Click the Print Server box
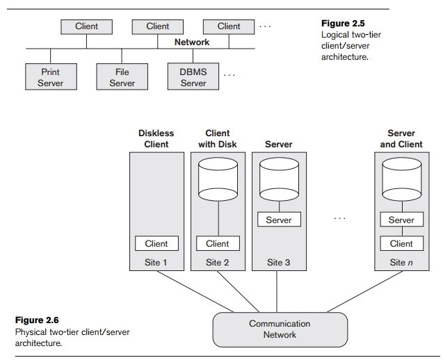pyautogui.click(x=50, y=77)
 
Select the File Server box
pyautogui.click(x=122, y=77)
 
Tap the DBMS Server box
pyautogui.click(x=193, y=77)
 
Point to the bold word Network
pyautogui.click(x=192, y=42)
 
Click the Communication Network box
pyautogui.click(x=280, y=329)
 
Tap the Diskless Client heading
pyautogui.click(x=156, y=139)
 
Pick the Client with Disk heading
pyautogui.click(x=218, y=139)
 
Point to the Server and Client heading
pyautogui.click(x=401, y=139)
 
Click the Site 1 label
pyautogui.click(x=156, y=262)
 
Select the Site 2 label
pyautogui.click(x=218, y=262)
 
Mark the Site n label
pyautogui.click(x=401, y=262)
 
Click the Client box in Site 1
pyautogui.click(x=156, y=243)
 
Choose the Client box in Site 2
pyautogui.click(x=218, y=243)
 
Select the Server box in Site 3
pyautogui.click(x=279, y=220)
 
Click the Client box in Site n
pyautogui.click(x=401, y=243)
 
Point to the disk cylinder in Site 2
pyautogui.click(x=218, y=179)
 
